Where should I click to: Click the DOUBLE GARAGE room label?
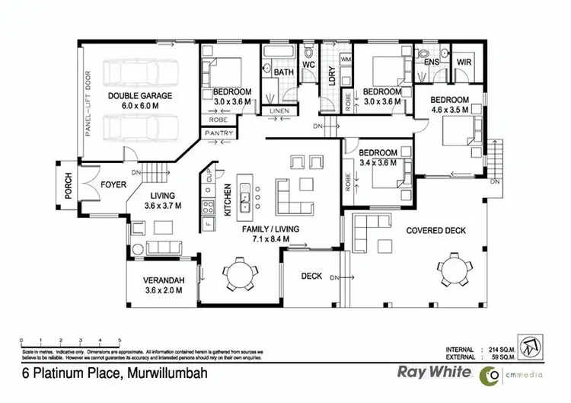[139, 95]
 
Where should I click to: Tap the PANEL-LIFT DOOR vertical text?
[88, 101]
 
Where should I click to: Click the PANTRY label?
[219, 133]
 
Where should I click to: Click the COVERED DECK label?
[435, 230]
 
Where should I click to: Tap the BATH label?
[284, 73]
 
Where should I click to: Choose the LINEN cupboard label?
[279, 112]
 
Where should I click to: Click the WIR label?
[463, 62]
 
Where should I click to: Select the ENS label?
[432, 62]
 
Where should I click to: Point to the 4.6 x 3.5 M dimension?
[449, 110]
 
